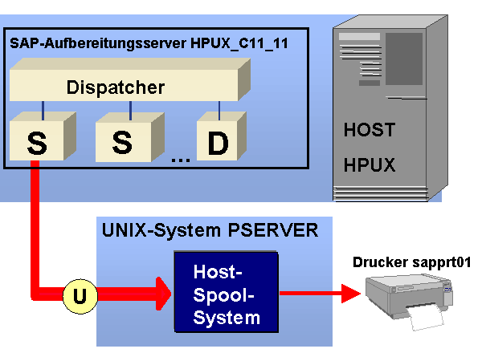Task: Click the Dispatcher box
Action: point(130,79)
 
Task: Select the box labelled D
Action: point(222,136)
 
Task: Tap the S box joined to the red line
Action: point(43,136)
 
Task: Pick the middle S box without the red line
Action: point(129,137)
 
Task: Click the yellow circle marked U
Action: point(80,296)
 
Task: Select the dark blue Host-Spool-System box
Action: point(227,292)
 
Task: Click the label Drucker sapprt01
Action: point(411,263)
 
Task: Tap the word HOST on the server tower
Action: point(370,129)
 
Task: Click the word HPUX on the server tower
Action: point(370,164)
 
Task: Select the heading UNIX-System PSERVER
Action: point(210,230)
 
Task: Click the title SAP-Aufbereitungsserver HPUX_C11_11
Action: point(149,43)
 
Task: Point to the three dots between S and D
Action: point(181,160)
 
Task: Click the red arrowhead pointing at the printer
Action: point(351,294)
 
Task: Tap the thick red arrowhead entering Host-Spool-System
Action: point(163,294)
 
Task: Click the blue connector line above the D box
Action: point(219,111)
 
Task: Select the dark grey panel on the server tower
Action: point(404,59)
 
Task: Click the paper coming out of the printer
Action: point(426,318)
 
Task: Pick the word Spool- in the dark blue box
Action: point(223,296)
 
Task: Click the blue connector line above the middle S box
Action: point(131,111)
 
